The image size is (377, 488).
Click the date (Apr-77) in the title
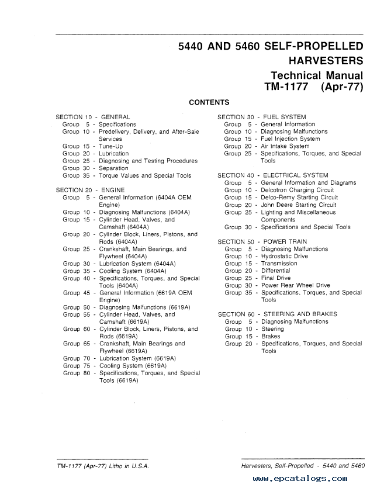pyautogui.click(x=341, y=87)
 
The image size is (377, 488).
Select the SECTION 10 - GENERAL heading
pyautogui.click(x=92, y=117)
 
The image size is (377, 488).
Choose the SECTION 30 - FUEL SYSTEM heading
pyautogui.click(x=261, y=117)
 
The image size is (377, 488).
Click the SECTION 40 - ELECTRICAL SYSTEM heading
pyautogui.click(x=272, y=175)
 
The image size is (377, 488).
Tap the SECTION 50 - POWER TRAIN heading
pyautogui.click(x=262, y=241)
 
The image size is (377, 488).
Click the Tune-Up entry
pyautogui.click(x=111, y=146)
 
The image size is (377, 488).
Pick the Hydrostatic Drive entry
pyautogui.click(x=284, y=256)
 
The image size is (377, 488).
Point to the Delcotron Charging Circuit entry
pyautogui.click(x=298, y=190)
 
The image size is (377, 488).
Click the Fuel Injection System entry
pyautogui.click(x=290, y=139)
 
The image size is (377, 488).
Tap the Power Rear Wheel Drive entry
pyautogui.click(x=295, y=285)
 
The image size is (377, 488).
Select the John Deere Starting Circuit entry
pyautogui.click(x=299, y=205)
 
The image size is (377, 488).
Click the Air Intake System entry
pyautogui.click(x=285, y=146)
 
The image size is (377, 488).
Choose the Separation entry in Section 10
pyautogui.click(x=113, y=168)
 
